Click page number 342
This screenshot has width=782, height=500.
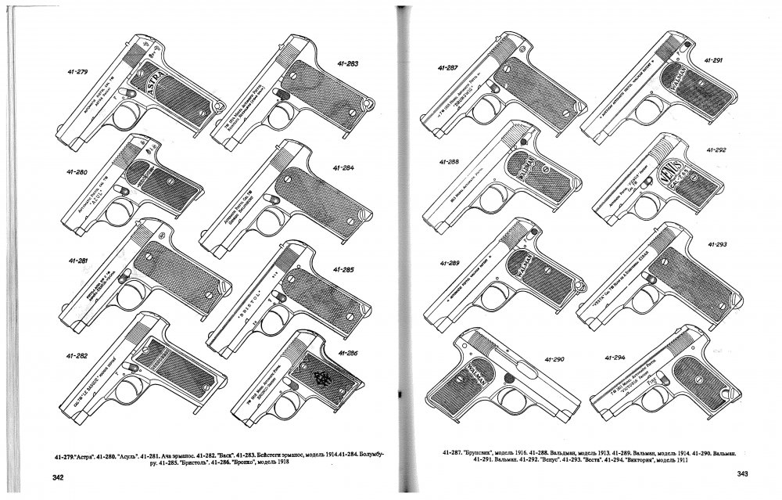(x=63, y=477)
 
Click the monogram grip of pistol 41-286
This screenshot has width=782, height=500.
(x=321, y=378)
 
